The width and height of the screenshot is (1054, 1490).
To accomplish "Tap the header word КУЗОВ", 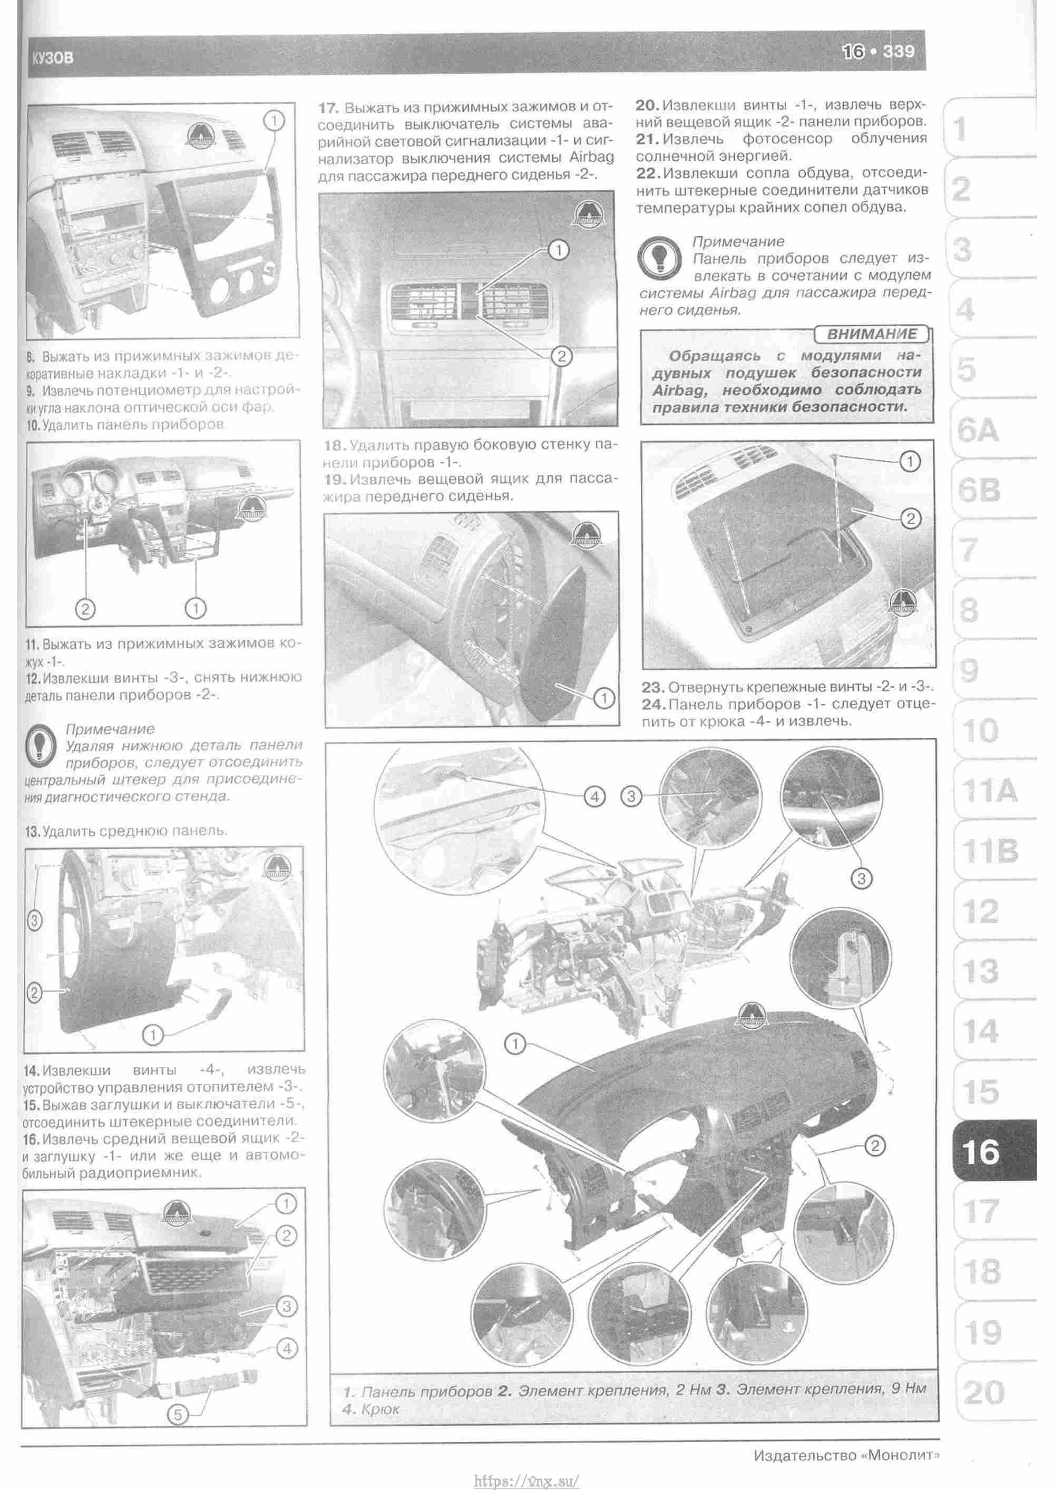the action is [53, 59].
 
